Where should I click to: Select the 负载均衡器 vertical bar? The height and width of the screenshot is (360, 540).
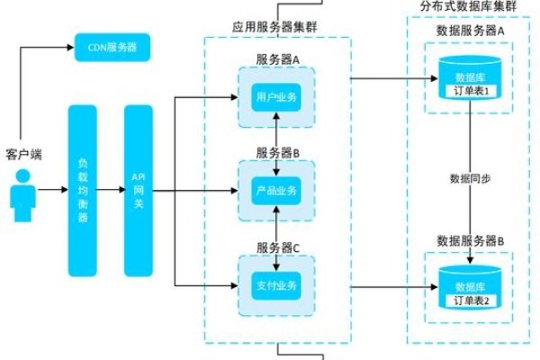(x=82, y=190)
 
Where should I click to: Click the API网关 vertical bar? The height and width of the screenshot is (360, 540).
(x=138, y=190)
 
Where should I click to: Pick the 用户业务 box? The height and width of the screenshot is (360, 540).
(x=276, y=96)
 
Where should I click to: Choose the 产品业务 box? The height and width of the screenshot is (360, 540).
(x=276, y=191)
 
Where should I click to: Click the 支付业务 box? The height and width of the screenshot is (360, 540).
(x=276, y=285)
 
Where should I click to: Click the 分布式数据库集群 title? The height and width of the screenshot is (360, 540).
(x=469, y=6)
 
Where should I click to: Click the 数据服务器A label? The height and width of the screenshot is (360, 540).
(x=470, y=29)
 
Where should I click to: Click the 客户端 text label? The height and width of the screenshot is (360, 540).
(x=24, y=156)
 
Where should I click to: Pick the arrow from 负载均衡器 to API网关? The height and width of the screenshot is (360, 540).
(x=110, y=190)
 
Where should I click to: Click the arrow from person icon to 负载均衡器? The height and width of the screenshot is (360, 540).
(x=52, y=190)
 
